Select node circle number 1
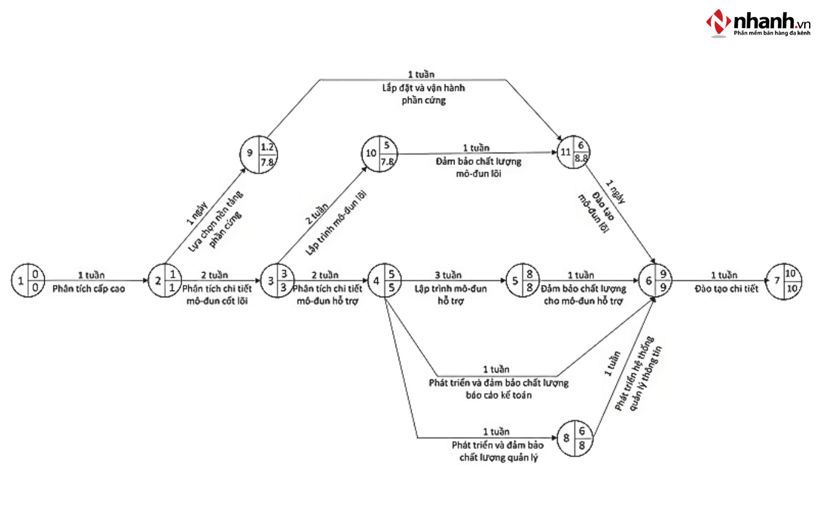tap(28, 281)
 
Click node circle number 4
tap(386, 281)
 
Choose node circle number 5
tap(524, 281)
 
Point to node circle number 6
tap(656, 281)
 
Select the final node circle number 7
tap(785, 281)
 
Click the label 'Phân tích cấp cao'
tap(89, 288)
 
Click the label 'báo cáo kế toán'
tap(498, 395)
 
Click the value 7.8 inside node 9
tap(268, 162)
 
